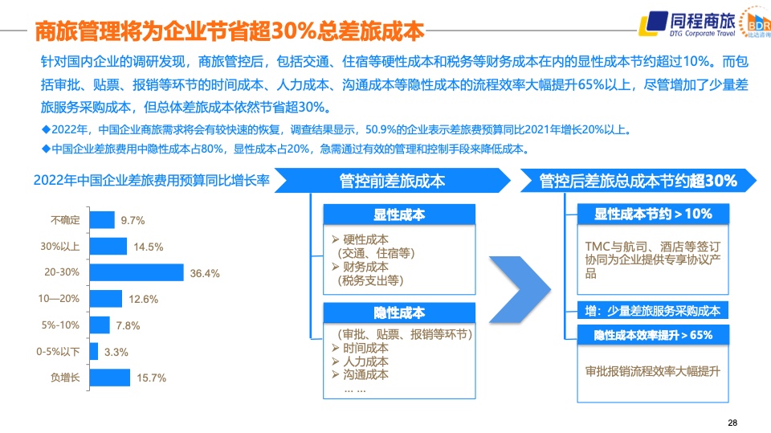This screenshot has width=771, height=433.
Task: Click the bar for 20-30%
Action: click(137, 272)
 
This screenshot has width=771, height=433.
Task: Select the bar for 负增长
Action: click(110, 378)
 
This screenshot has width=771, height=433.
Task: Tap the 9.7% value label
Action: click(133, 220)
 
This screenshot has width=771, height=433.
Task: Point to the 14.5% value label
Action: click(149, 247)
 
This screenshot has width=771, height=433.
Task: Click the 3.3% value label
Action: click(116, 353)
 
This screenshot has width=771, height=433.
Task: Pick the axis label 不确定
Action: click(65, 220)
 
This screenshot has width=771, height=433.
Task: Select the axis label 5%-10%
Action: click(60, 325)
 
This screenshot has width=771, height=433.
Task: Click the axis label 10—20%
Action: click(59, 299)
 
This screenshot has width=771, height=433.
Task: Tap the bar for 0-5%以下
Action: click(94, 351)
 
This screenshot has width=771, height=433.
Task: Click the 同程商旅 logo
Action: click(687, 24)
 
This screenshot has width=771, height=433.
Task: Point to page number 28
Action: click(732, 423)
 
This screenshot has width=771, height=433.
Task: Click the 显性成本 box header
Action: click(399, 214)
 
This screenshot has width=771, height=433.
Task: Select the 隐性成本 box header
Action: click(399, 312)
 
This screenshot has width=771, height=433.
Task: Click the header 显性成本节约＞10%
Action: click(653, 214)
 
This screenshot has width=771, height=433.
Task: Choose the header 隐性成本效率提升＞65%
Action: click(653, 335)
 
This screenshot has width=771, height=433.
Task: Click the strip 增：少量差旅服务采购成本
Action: click(653, 311)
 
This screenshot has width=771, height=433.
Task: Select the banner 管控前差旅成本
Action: click(393, 181)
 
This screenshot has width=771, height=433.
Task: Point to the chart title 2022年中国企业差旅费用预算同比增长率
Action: click(152, 181)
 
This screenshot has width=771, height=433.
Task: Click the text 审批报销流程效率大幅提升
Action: click(652, 371)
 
